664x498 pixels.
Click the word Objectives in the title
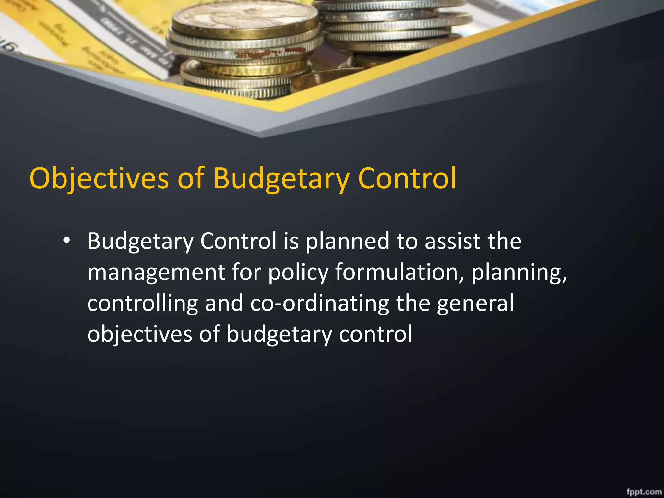pos(99,178)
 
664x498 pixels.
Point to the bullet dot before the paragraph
pos(66,241)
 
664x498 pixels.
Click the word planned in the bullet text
pos(347,242)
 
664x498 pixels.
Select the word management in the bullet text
pos(156,272)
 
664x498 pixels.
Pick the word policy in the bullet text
pos(298,272)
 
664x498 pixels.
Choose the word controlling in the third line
pos(142,303)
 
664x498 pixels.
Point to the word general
pos(475,303)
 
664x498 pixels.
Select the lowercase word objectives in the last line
pos(140,334)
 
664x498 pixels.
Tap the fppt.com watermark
pos(644,492)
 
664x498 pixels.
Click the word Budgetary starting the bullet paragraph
pos(140,242)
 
